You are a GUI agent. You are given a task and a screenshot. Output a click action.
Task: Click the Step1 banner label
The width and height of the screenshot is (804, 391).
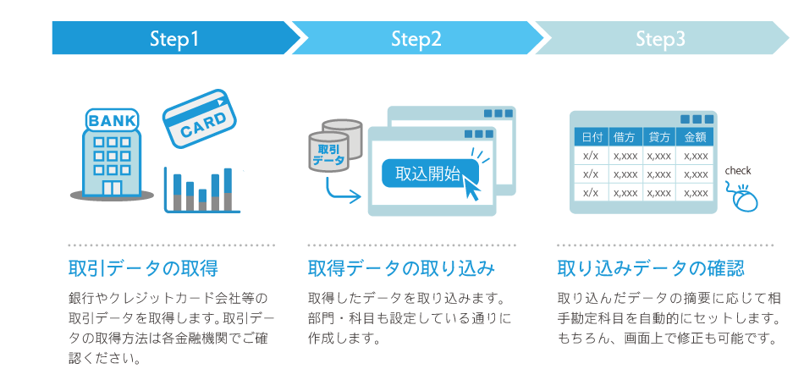[173, 39]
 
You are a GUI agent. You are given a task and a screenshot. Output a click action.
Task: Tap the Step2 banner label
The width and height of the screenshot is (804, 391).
[416, 39]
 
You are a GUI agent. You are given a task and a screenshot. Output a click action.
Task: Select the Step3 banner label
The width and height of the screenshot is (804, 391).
[660, 39]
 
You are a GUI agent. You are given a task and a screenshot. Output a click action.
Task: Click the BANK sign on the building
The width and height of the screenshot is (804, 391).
[113, 121]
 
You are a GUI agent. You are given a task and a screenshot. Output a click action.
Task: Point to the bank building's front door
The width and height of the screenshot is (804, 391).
[112, 188]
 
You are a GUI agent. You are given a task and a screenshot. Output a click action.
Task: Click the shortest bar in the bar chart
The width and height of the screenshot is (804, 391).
[202, 200]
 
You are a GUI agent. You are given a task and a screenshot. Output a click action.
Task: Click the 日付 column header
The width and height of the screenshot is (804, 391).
[592, 137]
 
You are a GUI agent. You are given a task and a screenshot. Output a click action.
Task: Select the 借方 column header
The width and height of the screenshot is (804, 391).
[625, 137]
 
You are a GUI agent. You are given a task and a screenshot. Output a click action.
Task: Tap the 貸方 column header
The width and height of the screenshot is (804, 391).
[659, 137]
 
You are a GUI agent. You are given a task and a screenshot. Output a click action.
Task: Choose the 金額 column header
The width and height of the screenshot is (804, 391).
[696, 137]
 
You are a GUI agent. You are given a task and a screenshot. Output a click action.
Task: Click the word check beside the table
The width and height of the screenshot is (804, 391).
[737, 171]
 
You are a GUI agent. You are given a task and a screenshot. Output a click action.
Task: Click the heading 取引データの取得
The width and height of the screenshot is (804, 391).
[144, 267]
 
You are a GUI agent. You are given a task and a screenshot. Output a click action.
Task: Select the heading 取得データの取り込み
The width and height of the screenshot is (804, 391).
[401, 267]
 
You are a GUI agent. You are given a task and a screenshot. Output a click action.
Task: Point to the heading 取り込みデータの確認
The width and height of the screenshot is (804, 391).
[651, 267]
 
